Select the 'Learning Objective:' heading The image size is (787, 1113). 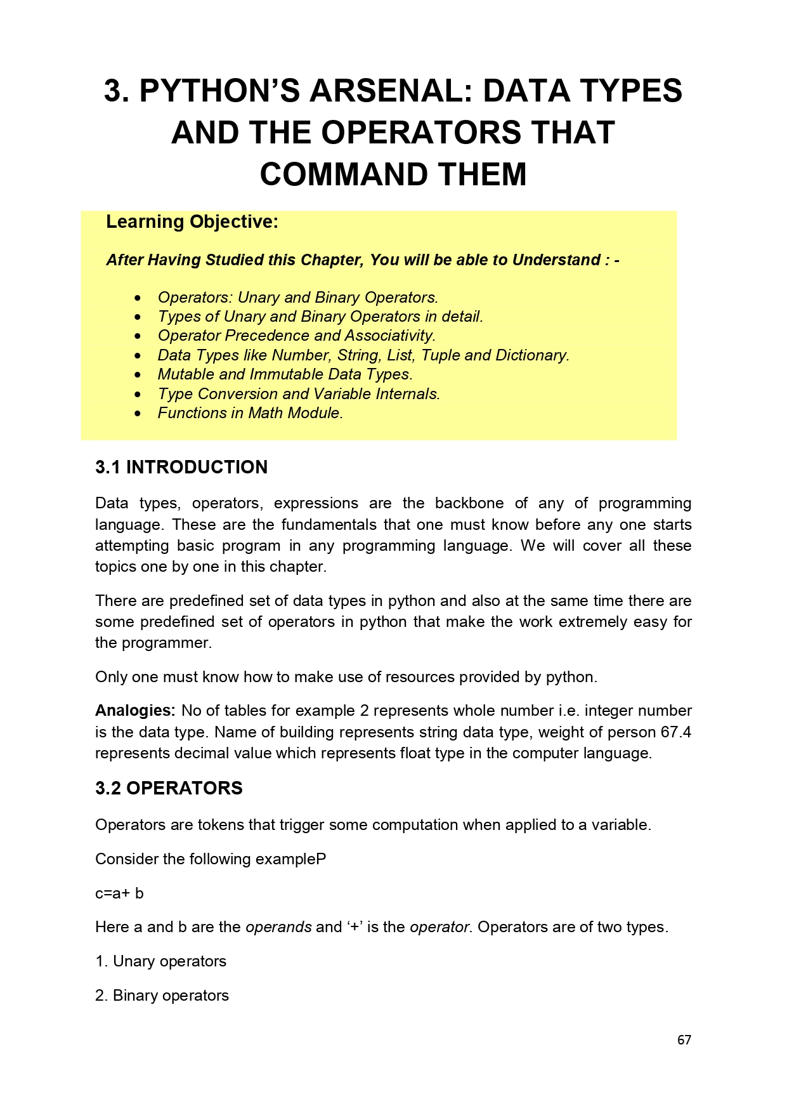click(192, 222)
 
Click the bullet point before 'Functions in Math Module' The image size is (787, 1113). click(139, 414)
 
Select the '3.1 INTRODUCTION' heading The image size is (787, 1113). click(181, 467)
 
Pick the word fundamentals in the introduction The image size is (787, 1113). click(330, 525)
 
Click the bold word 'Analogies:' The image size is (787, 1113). click(135, 711)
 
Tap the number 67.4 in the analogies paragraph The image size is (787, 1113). click(676, 732)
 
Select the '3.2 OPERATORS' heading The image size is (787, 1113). click(169, 788)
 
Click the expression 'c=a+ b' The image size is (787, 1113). click(119, 893)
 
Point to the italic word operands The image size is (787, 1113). click(278, 927)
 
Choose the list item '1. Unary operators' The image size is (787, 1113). click(160, 961)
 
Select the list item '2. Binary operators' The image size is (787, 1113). click(162, 996)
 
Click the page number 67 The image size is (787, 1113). click(684, 1040)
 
